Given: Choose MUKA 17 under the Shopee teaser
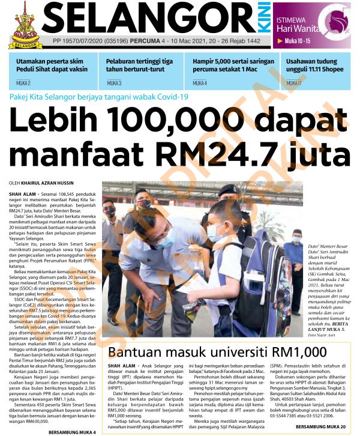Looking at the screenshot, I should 294,83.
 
